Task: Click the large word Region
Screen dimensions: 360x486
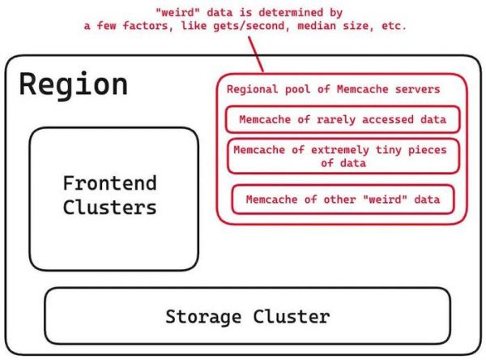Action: (x=74, y=85)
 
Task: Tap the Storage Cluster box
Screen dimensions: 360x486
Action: (x=247, y=315)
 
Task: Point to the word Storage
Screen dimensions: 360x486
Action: (x=204, y=315)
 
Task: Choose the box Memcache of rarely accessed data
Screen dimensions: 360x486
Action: (x=343, y=119)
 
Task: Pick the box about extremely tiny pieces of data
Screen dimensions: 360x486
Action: (x=340, y=156)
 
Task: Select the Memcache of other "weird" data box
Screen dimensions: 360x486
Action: (x=341, y=199)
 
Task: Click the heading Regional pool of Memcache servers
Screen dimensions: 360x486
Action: (x=333, y=89)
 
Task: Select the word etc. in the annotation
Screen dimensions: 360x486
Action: (x=392, y=26)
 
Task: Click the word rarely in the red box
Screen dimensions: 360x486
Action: (x=326, y=119)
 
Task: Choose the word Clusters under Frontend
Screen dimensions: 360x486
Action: (x=109, y=207)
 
